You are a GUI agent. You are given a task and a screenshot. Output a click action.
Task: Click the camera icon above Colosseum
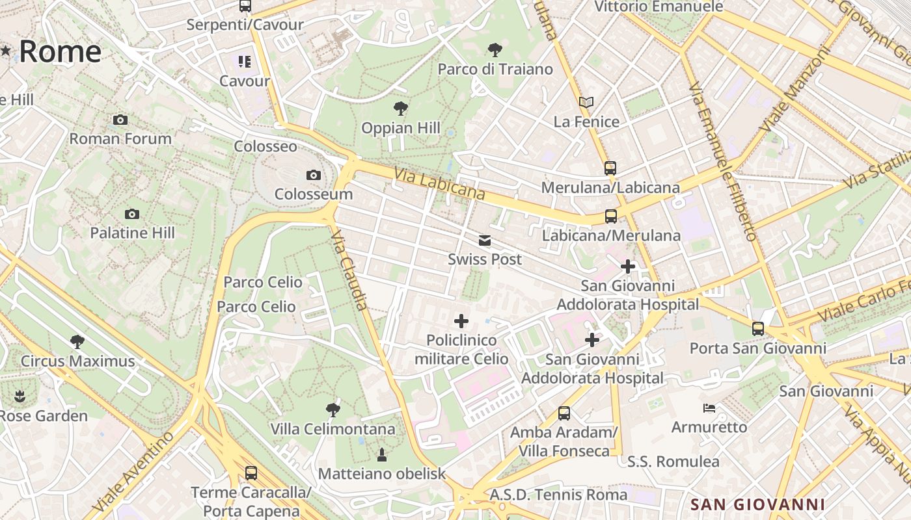pyautogui.click(x=313, y=175)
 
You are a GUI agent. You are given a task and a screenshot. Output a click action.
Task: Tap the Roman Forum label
pyautogui.click(x=120, y=138)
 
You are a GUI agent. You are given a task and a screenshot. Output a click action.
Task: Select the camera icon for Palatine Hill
pyautogui.click(x=132, y=214)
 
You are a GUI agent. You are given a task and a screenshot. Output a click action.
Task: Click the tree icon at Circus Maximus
pyautogui.click(x=77, y=342)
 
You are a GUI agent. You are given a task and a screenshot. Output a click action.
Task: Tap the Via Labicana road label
pyautogui.click(x=440, y=183)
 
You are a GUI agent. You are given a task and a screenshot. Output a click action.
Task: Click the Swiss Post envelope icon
pyautogui.click(x=485, y=240)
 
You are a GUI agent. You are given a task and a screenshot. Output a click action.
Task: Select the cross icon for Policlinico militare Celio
pyautogui.click(x=461, y=320)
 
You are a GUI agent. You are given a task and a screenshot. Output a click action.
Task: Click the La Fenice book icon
pyautogui.click(x=586, y=102)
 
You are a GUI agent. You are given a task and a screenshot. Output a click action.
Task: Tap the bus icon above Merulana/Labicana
pyautogui.click(x=610, y=168)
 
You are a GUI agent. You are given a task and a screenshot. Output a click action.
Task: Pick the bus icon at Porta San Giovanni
pyautogui.click(x=758, y=329)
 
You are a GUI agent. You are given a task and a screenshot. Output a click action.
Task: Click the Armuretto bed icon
pyautogui.click(x=709, y=408)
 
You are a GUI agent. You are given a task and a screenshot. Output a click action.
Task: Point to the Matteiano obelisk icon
pyautogui.click(x=382, y=454)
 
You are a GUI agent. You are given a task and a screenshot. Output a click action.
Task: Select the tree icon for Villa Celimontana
pyautogui.click(x=333, y=409)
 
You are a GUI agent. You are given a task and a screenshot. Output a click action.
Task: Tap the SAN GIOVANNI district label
pyautogui.click(x=757, y=504)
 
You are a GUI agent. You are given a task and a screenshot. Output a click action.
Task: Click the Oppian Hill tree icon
pyautogui.click(x=401, y=109)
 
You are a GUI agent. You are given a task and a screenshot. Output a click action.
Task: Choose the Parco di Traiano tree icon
pyautogui.click(x=495, y=49)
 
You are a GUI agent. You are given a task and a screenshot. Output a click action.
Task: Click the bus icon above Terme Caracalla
pyautogui.click(x=251, y=473)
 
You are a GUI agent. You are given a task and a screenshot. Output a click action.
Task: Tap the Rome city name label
pyautogui.click(x=60, y=52)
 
